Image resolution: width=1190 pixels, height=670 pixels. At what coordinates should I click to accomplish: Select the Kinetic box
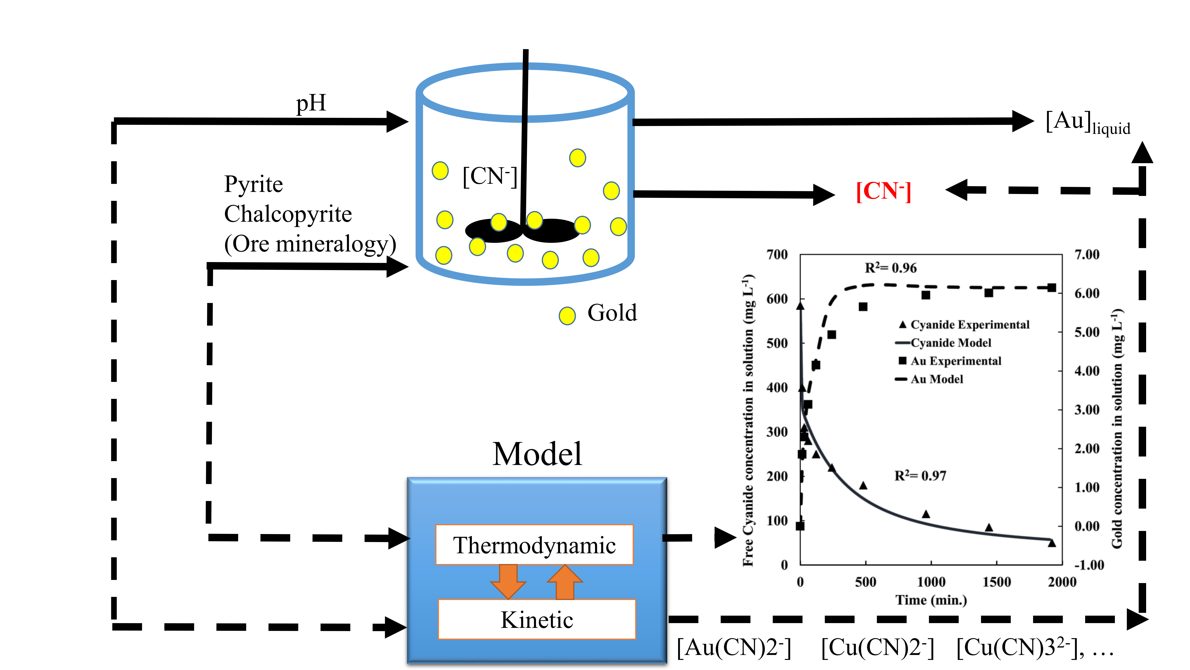tap(537, 620)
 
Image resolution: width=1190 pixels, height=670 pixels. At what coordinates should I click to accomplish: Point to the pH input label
tap(311, 103)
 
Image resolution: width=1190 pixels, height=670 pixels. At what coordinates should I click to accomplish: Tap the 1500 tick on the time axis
tap(996, 582)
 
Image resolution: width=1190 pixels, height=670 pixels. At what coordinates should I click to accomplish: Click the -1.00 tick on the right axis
tap(1089, 565)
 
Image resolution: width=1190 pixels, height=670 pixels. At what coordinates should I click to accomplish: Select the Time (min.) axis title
tap(931, 600)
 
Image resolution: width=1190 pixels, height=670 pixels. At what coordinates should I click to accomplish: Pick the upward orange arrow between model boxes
tap(565, 582)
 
